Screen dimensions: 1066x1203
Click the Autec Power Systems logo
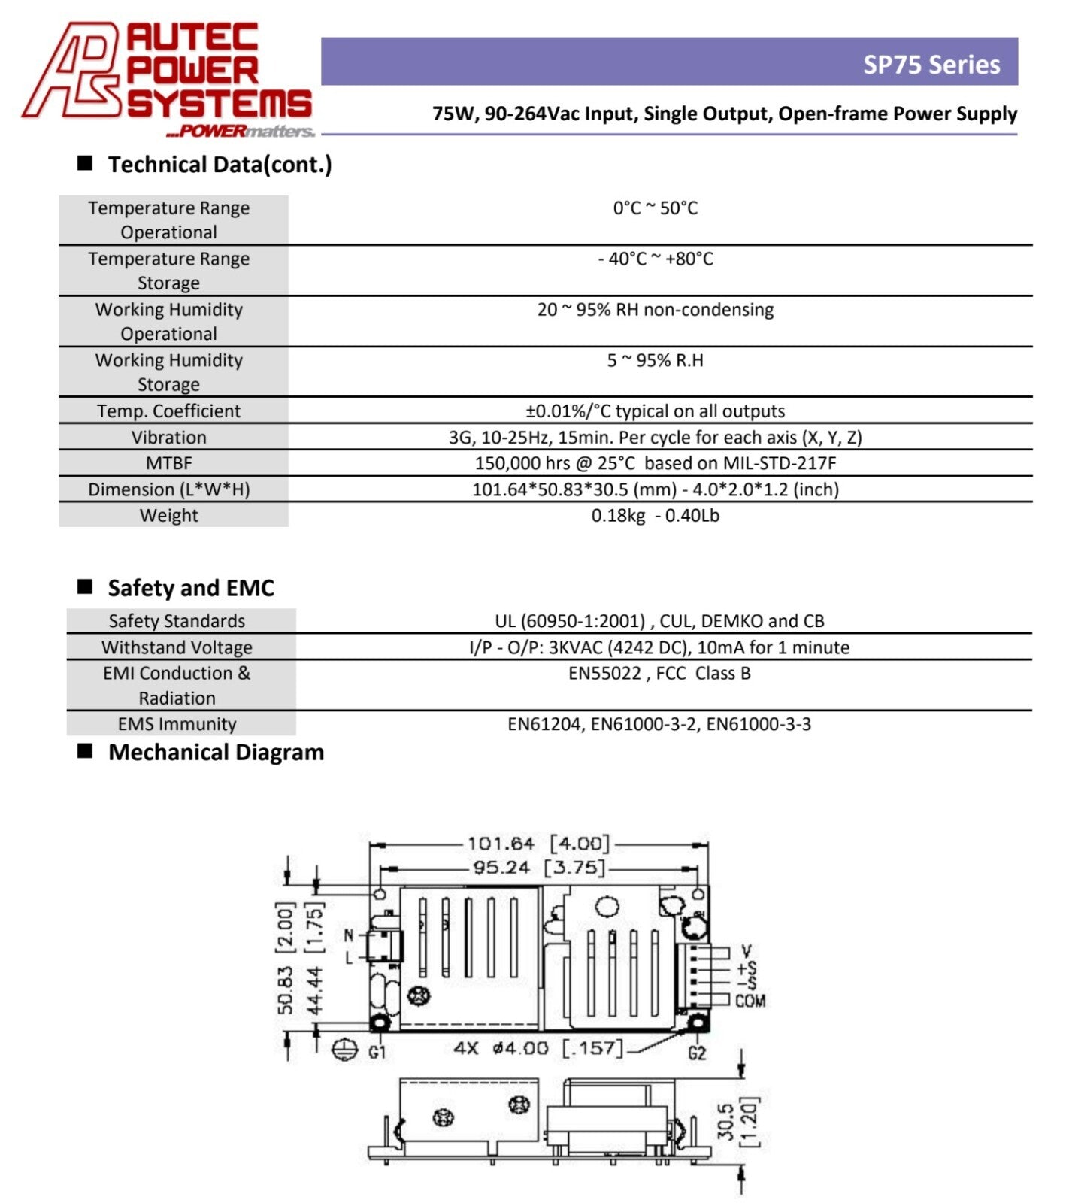pos(167,79)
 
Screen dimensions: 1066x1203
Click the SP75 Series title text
pos(931,65)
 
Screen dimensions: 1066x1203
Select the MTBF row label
pos(169,463)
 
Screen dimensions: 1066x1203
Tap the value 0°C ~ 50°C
pos(656,208)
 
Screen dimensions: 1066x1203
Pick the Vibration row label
pos(169,438)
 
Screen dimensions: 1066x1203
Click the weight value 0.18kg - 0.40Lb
pos(656,516)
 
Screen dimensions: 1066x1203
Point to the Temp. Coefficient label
pos(169,411)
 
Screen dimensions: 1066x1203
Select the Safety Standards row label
pos(177,621)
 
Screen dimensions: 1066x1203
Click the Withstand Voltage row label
pos(177,647)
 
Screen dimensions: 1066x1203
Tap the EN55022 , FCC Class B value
pos(659,673)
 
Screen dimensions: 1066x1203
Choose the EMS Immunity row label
pos(177,724)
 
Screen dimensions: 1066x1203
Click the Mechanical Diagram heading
pos(217,753)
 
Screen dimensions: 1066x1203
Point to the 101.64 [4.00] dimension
pos(538,844)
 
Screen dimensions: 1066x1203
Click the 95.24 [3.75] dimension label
pos(538,868)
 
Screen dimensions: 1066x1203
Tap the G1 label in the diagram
pos(377,1052)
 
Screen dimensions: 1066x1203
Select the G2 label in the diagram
pos(697,1053)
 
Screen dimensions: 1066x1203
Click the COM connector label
pos(750,1001)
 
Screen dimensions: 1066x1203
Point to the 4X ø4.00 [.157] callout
pos(538,1048)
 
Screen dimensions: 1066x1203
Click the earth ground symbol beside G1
pos(344,1050)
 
